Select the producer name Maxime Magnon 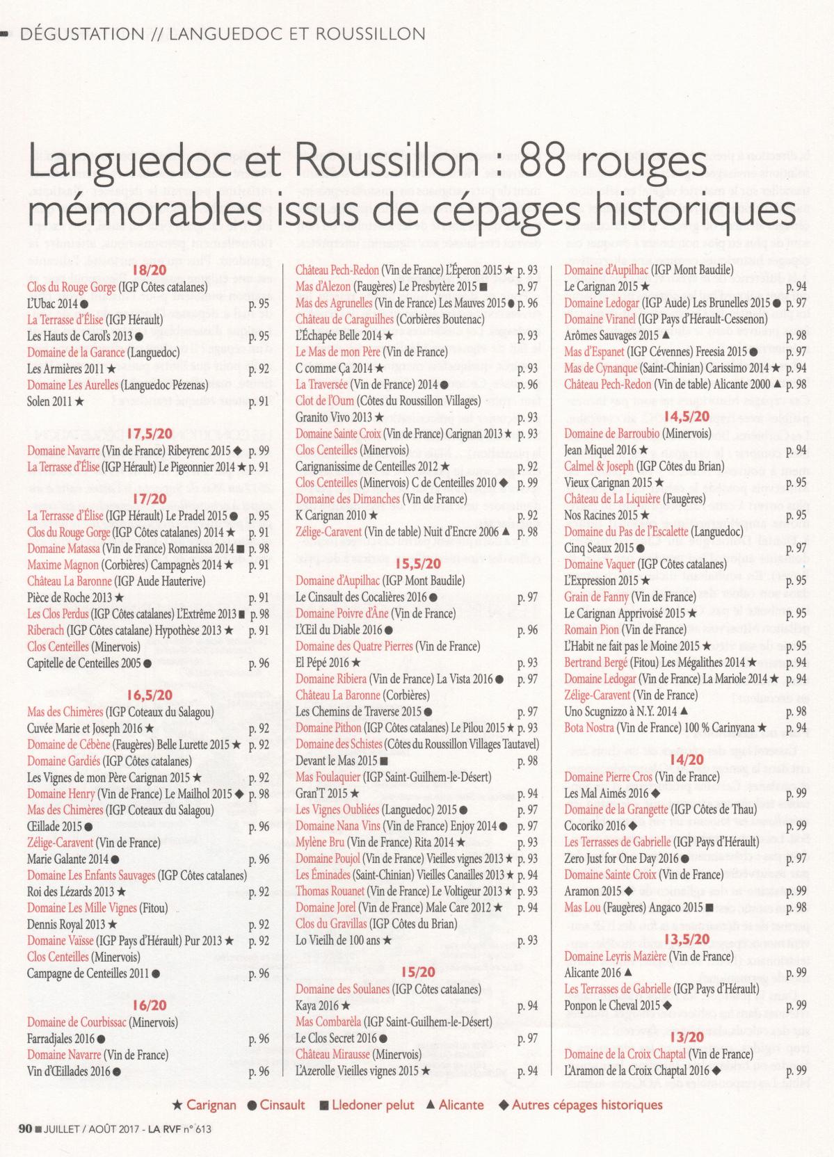coord(58,565)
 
